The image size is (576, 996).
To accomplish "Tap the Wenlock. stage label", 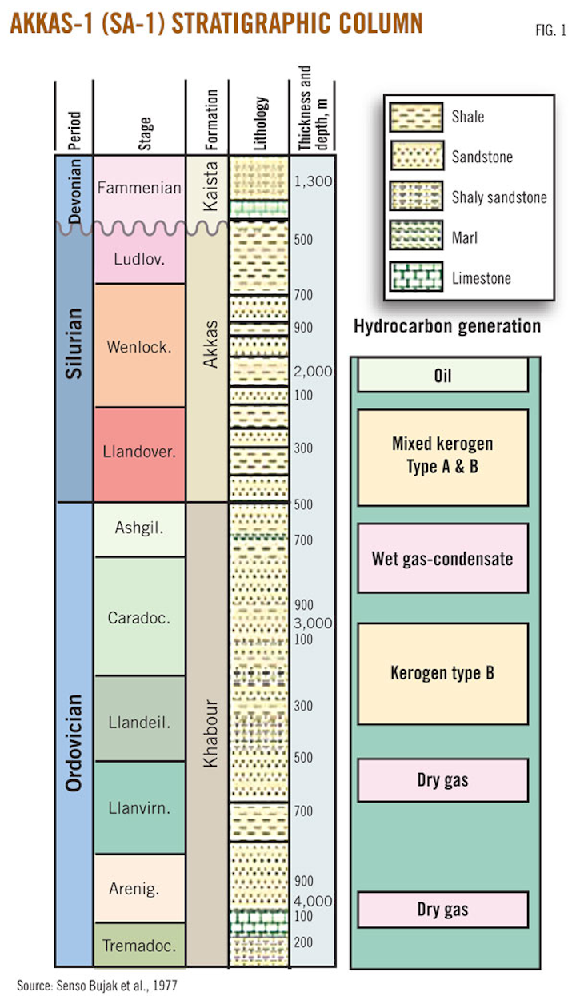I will pyautogui.click(x=138, y=347).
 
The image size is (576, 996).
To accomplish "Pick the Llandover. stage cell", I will pyautogui.click(x=138, y=451).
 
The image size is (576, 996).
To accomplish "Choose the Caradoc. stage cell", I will pyautogui.click(x=138, y=617).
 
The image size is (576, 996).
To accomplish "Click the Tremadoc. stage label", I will pyautogui.click(x=138, y=946).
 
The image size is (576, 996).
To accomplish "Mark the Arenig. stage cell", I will pyautogui.click(x=138, y=888).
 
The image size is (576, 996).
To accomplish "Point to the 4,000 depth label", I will pyautogui.click(x=313, y=901).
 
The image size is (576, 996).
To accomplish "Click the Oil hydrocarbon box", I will pyautogui.click(x=442, y=375).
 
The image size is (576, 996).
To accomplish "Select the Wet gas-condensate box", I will pyautogui.click(x=442, y=558).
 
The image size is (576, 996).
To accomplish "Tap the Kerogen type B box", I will pyautogui.click(x=442, y=674).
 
